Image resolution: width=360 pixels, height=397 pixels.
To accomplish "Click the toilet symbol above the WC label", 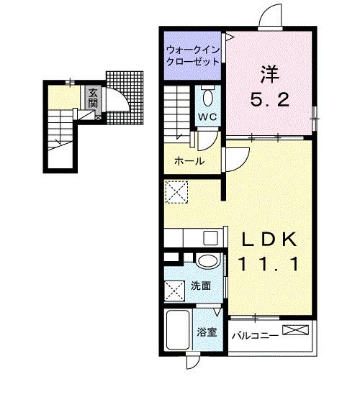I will (x=207, y=96).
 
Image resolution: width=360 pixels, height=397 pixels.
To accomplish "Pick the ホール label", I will (x=189, y=161).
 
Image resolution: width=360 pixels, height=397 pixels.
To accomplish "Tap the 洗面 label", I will (x=202, y=286).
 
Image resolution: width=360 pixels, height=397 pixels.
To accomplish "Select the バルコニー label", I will (x=256, y=334).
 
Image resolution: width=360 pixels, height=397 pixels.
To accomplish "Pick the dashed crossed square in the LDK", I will (x=176, y=191).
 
